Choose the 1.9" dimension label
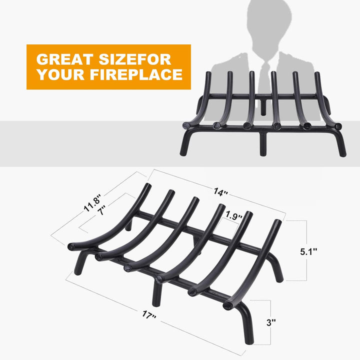[233, 216]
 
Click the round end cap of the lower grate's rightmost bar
[228, 304]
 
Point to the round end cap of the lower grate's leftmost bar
[71, 246]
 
